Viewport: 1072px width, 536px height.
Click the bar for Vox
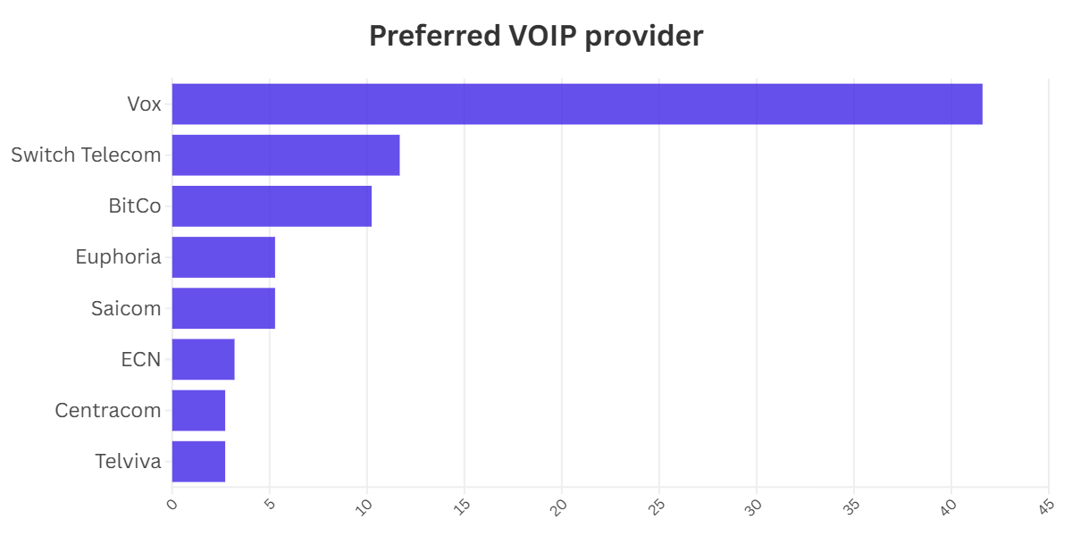click(577, 104)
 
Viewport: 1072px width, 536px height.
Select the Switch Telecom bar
click(286, 155)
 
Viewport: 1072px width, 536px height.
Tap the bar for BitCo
click(272, 206)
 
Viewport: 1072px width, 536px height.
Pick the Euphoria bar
click(223, 257)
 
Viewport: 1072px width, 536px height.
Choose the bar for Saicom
click(223, 308)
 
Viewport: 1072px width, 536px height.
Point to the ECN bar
click(203, 359)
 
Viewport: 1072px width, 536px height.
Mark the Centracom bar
click(198, 410)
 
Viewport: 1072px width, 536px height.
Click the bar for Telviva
click(198, 461)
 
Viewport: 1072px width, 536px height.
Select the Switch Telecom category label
click(86, 155)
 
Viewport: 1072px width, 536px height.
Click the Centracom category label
click(108, 410)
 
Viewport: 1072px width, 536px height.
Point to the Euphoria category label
click(119, 257)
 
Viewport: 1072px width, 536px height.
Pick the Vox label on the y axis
click(144, 104)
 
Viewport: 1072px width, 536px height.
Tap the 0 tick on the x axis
click(172, 505)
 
